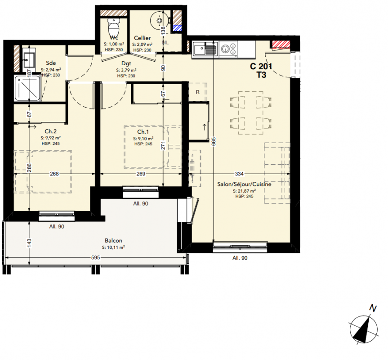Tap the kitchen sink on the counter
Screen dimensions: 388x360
click(205, 48)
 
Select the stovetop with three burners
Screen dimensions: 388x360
click(228, 48)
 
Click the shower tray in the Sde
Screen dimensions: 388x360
click(27, 88)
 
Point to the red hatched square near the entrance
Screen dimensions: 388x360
click(281, 44)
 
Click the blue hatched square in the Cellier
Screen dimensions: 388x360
click(177, 28)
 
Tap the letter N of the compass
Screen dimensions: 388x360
click(373, 308)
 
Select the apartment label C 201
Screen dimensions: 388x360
click(261, 66)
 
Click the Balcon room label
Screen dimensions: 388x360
click(113, 240)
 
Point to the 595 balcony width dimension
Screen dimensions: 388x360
click(95, 257)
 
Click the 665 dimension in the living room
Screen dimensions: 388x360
click(214, 141)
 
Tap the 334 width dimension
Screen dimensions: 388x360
click(239, 174)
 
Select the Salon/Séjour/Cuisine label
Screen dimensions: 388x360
click(244, 184)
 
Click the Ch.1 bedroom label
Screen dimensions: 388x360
click(143, 132)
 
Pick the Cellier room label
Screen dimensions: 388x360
click(142, 38)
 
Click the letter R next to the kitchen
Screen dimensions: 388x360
click(198, 92)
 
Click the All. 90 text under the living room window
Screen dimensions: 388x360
click(240, 258)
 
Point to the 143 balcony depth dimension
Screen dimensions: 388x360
click(29, 243)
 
